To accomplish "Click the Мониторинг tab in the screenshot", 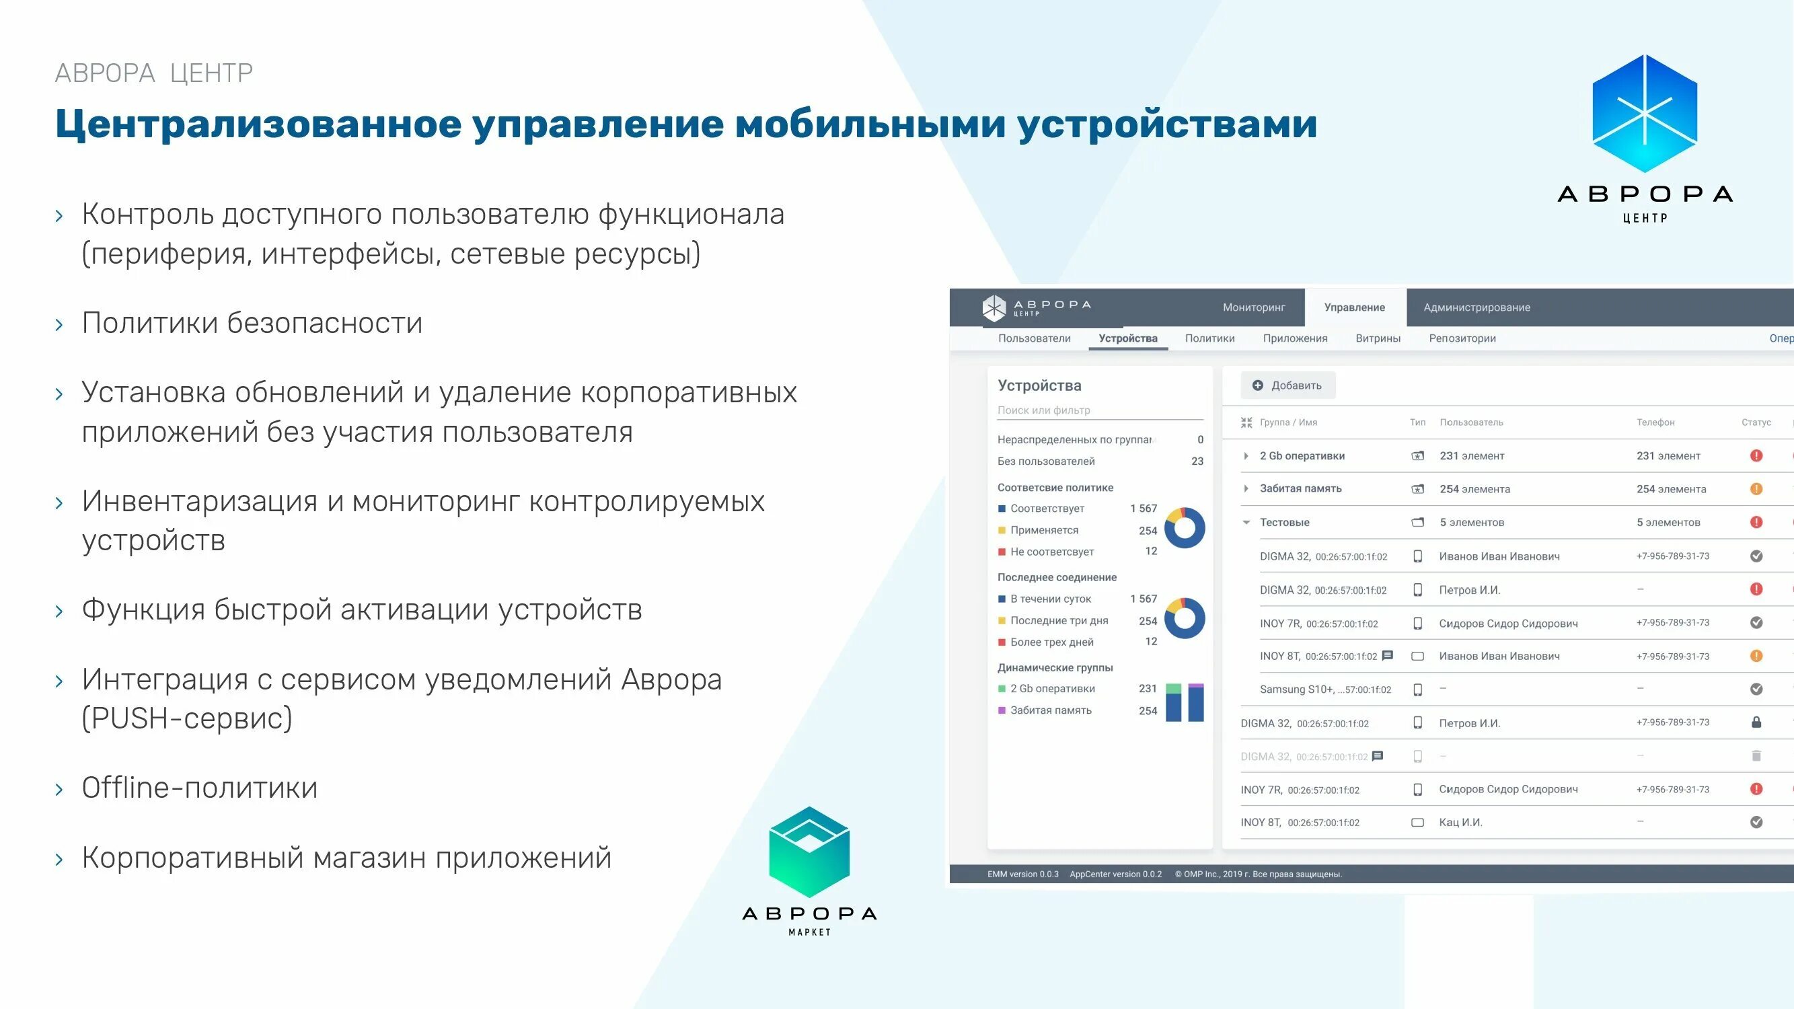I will (1254, 307).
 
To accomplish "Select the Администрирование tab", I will (1477, 307).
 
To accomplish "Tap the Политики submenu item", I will (1209, 338).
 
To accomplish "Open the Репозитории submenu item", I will (1462, 338).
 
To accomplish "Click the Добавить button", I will (1287, 385).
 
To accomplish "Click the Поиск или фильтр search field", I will (1099, 410).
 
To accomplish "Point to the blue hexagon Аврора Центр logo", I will (1644, 114).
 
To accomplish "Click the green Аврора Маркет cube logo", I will (809, 852).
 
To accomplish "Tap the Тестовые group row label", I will (1284, 522).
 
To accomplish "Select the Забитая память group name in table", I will (1300, 489).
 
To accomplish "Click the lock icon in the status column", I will (1756, 722).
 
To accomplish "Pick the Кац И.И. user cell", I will (1460, 823).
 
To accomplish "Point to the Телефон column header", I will (1655, 422).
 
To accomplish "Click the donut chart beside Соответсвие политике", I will (1184, 528).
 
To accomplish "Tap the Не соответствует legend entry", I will (1051, 552).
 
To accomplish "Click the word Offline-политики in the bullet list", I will (199, 788).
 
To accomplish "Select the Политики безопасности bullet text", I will (252, 323).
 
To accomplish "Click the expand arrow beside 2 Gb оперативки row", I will (1246, 456).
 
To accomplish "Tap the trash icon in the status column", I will (1756, 755).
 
